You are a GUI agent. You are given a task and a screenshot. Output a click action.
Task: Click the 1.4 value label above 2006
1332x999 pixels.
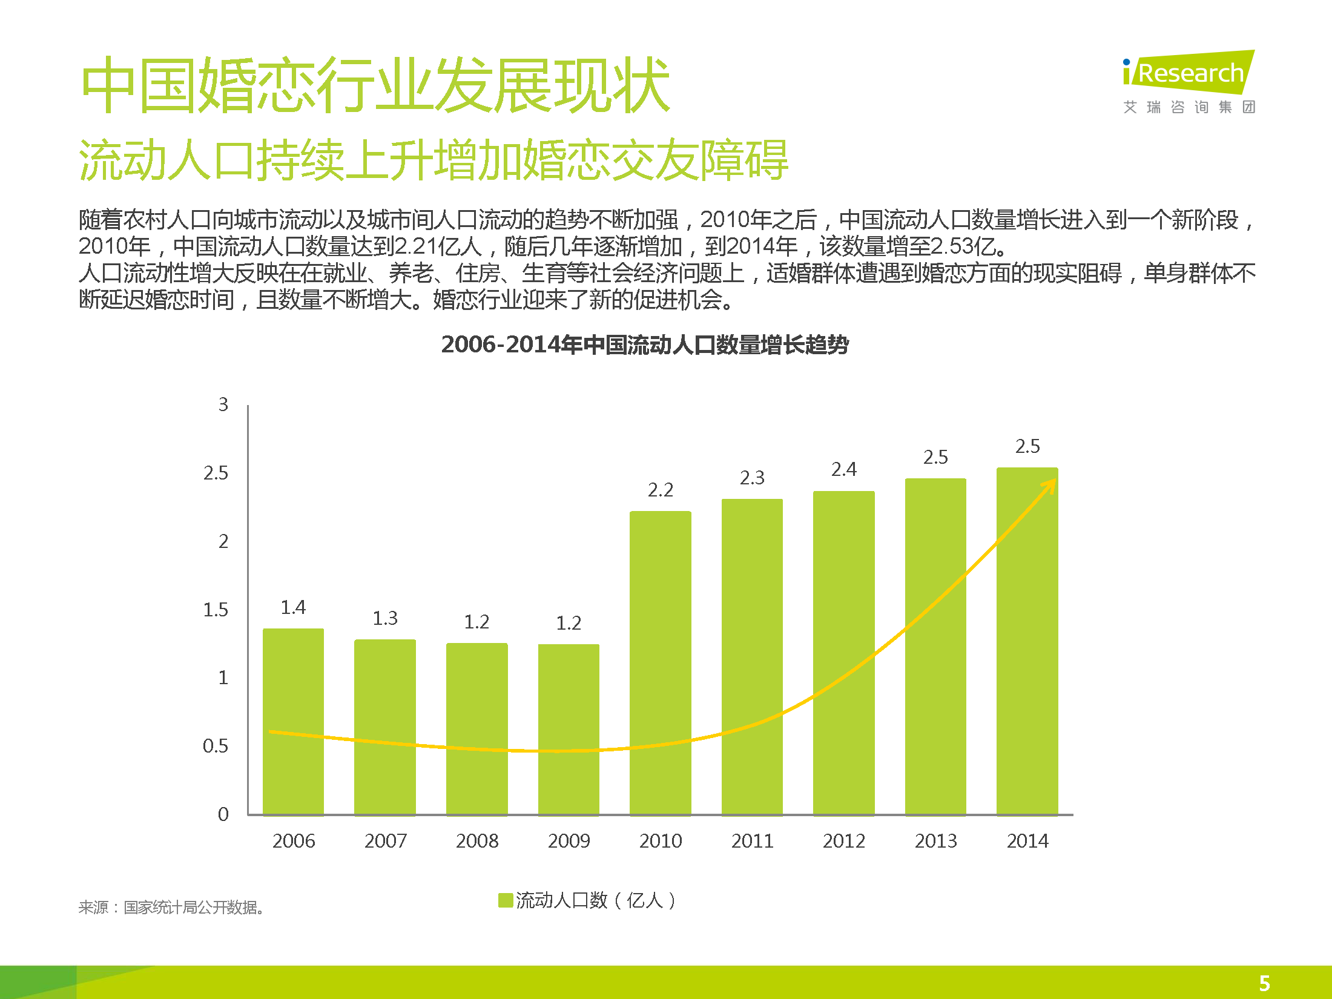[293, 607]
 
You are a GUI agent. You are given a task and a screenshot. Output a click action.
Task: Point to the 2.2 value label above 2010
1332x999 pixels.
[660, 490]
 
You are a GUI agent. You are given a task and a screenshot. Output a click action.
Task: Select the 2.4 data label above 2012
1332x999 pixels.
[843, 469]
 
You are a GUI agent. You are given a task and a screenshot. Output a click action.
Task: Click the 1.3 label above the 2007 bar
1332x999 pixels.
[385, 618]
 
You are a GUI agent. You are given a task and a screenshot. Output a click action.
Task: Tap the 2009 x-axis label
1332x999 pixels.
[569, 841]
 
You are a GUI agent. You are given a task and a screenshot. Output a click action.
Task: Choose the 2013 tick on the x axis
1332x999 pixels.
[935, 841]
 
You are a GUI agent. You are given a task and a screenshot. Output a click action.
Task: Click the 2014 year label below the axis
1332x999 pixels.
[1027, 841]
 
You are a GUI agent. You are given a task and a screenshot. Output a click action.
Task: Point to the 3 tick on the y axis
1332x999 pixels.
[223, 404]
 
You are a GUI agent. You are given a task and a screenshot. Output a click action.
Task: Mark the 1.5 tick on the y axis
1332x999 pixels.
[216, 610]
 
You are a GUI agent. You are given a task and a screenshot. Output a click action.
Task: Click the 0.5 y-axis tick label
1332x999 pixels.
[216, 746]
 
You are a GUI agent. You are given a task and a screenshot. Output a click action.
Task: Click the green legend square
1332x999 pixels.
[505, 900]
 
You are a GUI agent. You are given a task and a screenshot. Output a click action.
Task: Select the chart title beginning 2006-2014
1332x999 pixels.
[645, 345]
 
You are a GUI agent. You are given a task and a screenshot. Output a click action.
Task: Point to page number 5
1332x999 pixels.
[1264, 983]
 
